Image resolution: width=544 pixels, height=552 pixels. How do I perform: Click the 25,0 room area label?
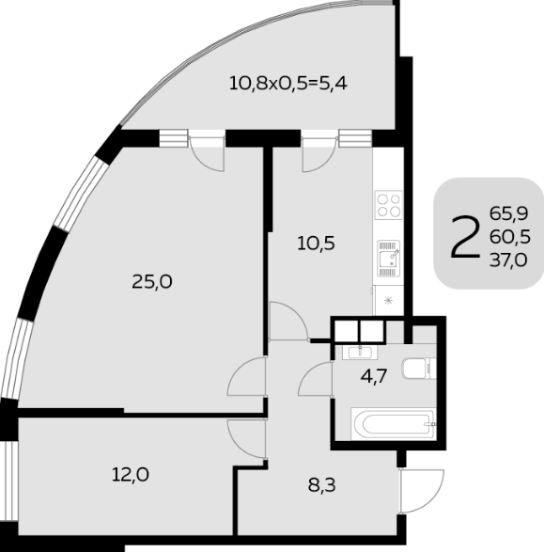point(152,281)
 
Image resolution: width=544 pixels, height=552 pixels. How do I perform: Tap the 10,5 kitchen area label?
point(316,244)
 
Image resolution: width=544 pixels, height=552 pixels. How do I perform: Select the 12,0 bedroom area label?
point(130,475)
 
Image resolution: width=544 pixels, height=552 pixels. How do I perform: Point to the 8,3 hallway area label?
point(321,485)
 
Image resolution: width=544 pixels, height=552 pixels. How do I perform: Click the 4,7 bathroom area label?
point(374,376)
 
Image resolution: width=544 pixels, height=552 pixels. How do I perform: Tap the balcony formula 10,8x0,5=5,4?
point(288,84)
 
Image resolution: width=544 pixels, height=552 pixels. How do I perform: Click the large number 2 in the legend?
point(465,237)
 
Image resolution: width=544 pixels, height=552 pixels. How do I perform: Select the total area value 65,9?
point(509,213)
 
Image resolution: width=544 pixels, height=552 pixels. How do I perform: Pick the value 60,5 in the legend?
point(510,237)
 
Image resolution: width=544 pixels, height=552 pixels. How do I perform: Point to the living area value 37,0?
point(508,260)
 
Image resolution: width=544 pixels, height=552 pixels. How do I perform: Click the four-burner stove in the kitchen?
point(389,205)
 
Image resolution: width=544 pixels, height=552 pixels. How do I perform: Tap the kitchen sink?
point(389,258)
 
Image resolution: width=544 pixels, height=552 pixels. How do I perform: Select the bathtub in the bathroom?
point(394,424)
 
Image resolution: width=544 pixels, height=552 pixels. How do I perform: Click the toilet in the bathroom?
point(419,369)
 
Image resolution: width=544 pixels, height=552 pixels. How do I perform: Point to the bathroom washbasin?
point(360,352)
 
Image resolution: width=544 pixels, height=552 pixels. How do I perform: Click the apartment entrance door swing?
point(421,491)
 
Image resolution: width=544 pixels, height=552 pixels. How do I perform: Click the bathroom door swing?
point(316,379)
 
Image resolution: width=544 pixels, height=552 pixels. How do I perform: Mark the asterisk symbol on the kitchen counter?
point(388,301)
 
